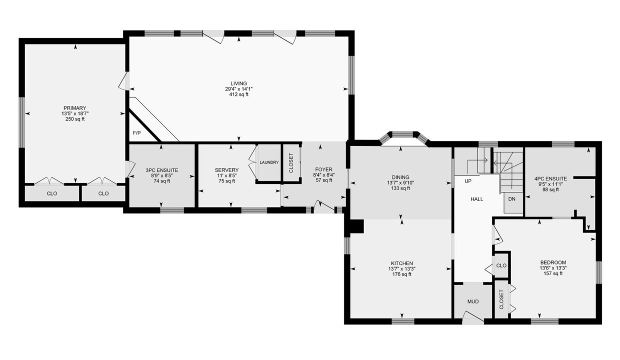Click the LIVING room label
click(238, 83)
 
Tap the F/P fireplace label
click(136, 133)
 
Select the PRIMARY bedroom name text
click(74, 108)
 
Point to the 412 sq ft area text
click(238, 94)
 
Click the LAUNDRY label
click(269, 162)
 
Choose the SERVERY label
click(226, 170)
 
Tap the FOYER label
click(324, 169)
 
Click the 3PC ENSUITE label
click(162, 170)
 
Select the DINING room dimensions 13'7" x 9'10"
click(400, 183)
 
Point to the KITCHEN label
click(402, 263)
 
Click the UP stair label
click(468, 181)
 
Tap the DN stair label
click(512, 199)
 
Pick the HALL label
click(477, 199)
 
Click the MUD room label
click(473, 301)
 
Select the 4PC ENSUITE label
click(550, 179)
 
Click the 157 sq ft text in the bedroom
click(553, 273)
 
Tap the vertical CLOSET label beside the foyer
click(291, 163)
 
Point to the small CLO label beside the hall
click(501, 265)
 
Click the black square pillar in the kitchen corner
click(357, 226)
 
